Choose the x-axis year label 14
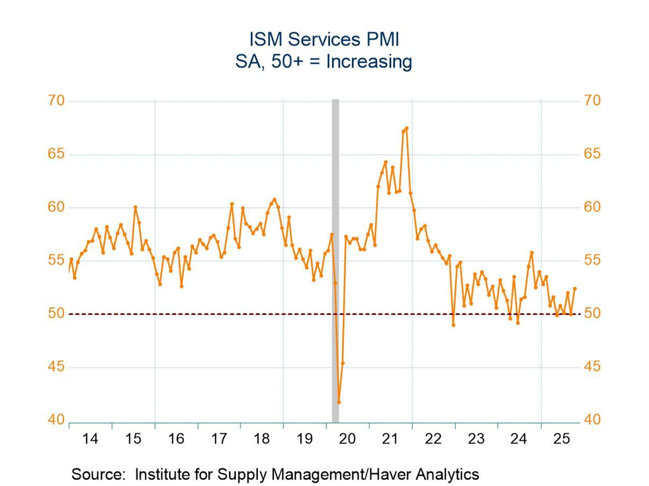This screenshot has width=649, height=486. (90, 439)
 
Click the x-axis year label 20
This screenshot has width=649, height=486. (347, 439)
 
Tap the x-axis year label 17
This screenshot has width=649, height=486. (219, 439)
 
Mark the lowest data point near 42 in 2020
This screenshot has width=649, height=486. (339, 402)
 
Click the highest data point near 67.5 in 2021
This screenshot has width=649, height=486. (406, 128)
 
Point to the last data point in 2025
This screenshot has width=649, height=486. (574, 289)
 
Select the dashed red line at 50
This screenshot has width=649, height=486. (202, 313)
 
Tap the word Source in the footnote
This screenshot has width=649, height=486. (96, 474)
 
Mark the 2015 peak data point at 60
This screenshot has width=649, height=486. (135, 207)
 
